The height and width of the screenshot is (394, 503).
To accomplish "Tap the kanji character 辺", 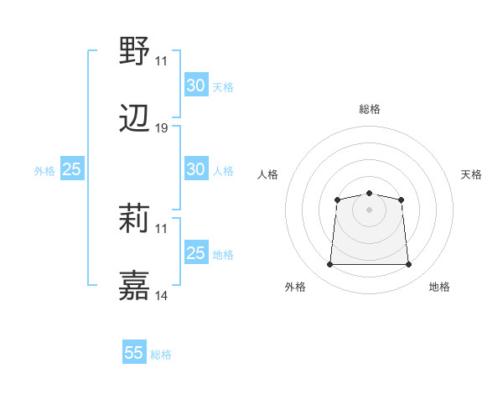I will click(135, 120).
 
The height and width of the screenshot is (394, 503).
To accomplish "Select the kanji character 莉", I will click(135, 219).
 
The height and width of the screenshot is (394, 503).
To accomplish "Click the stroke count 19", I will click(162, 128).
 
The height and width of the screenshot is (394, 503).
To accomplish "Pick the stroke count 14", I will click(162, 295).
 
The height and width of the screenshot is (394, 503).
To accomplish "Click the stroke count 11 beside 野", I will click(162, 61).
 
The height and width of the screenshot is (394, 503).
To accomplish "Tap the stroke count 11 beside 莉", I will click(162, 228).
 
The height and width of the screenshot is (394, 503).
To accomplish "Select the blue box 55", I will click(134, 353).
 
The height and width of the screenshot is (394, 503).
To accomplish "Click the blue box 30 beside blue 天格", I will click(195, 86).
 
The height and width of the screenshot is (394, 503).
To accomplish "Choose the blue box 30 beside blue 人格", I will click(195, 169).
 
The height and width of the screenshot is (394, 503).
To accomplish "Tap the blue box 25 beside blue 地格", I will click(195, 253).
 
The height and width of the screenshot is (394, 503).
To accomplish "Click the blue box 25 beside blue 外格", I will click(71, 169).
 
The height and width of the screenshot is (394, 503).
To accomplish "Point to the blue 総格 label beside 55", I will click(161, 355).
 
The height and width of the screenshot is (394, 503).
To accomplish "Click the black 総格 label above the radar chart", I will click(370, 109).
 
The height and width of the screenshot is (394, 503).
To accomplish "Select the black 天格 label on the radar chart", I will click(472, 174).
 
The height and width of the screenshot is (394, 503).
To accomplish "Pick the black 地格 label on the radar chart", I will click(439, 287).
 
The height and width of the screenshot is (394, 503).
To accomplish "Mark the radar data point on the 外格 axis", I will click(329, 265).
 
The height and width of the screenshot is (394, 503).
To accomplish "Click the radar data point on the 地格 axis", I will click(409, 265).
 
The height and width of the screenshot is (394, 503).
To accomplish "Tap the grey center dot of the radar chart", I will click(370, 210).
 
